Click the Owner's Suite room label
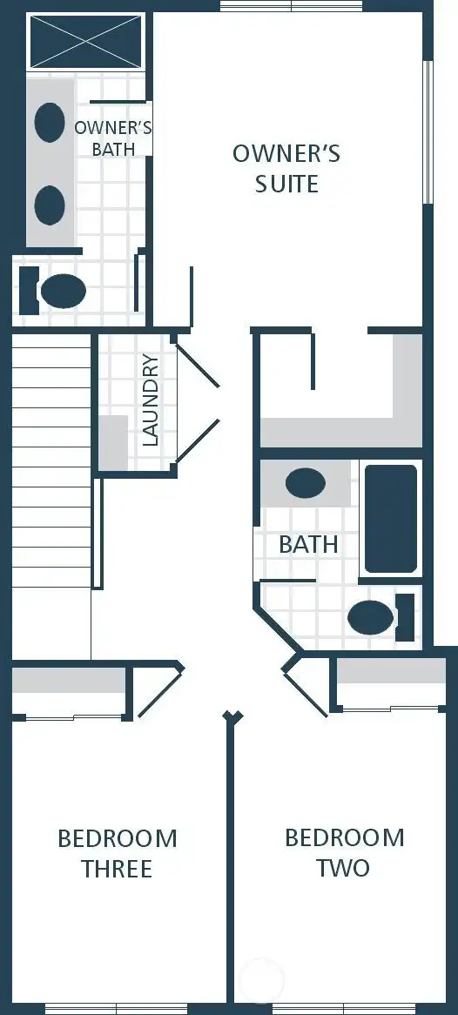[x=286, y=169]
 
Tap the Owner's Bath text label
[x=113, y=138]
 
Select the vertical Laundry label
[x=151, y=400]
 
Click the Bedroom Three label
[x=117, y=853]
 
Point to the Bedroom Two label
[x=344, y=852]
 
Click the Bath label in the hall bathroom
[x=308, y=545]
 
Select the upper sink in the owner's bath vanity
[x=50, y=123]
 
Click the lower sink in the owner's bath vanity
[x=50, y=205]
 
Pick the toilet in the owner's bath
[x=61, y=291]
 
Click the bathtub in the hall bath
[x=390, y=519]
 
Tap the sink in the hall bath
[x=306, y=483]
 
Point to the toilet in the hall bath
[x=374, y=617]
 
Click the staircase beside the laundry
[x=51, y=461]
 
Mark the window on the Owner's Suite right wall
[x=427, y=131]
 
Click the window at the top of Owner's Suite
[x=291, y=6]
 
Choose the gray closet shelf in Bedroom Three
[x=69, y=680]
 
